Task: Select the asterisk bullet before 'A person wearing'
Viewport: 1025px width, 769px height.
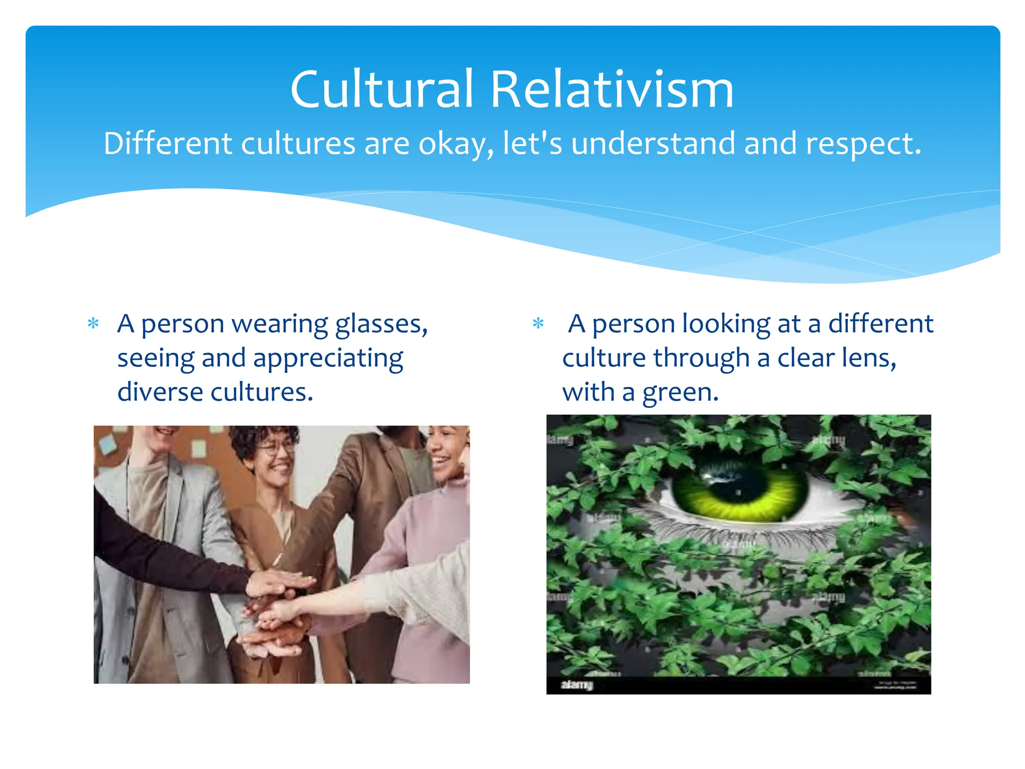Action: click(93, 323)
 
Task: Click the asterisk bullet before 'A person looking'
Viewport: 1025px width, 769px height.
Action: click(538, 323)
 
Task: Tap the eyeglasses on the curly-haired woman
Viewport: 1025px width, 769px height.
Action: click(276, 447)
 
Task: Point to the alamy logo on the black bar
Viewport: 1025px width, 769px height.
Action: click(577, 684)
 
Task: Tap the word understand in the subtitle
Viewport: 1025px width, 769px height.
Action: click(653, 144)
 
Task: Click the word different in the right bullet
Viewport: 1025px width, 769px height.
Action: click(880, 324)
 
